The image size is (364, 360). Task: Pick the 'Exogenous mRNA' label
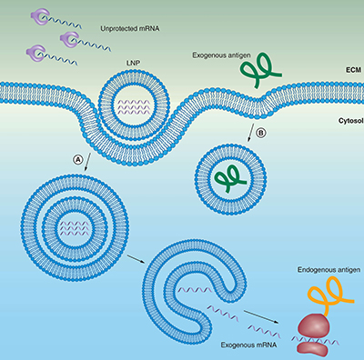pos(244,346)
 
